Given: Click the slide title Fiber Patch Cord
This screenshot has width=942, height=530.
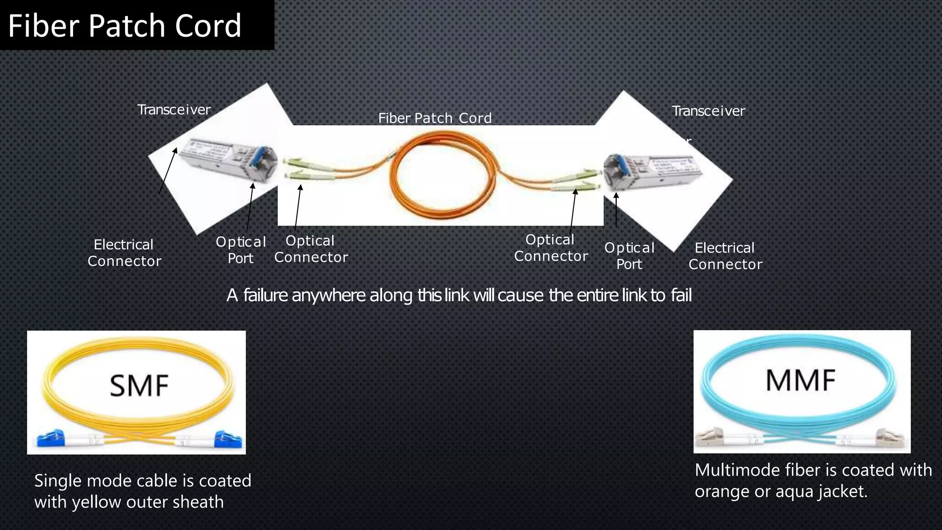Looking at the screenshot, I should [x=125, y=25].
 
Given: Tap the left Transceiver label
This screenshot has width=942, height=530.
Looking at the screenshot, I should [x=174, y=109].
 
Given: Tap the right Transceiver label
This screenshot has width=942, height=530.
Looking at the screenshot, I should [x=708, y=111].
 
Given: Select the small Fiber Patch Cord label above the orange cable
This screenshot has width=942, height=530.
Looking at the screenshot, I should [x=435, y=118].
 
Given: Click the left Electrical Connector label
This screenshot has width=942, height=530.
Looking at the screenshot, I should [x=124, y=253].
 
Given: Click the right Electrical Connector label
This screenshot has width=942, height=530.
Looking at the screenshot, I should [x=725, y=256].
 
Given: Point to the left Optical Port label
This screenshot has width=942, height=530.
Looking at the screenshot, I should [x=241, y=250].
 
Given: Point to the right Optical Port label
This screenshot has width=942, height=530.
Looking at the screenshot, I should [x=629, y=256].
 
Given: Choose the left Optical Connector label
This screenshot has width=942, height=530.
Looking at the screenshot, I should [x=311, y=249].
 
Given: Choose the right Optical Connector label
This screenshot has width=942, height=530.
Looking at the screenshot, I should [x=551, y=248].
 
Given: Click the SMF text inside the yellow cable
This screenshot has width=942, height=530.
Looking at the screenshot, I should [x=139, y=386].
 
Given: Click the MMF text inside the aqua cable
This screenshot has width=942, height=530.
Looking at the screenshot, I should [x=800, y=380].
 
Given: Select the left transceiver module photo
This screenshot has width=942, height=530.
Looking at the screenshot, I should [x=228, y=159].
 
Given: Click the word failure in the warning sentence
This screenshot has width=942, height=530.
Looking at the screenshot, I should [x=265, y=295].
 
